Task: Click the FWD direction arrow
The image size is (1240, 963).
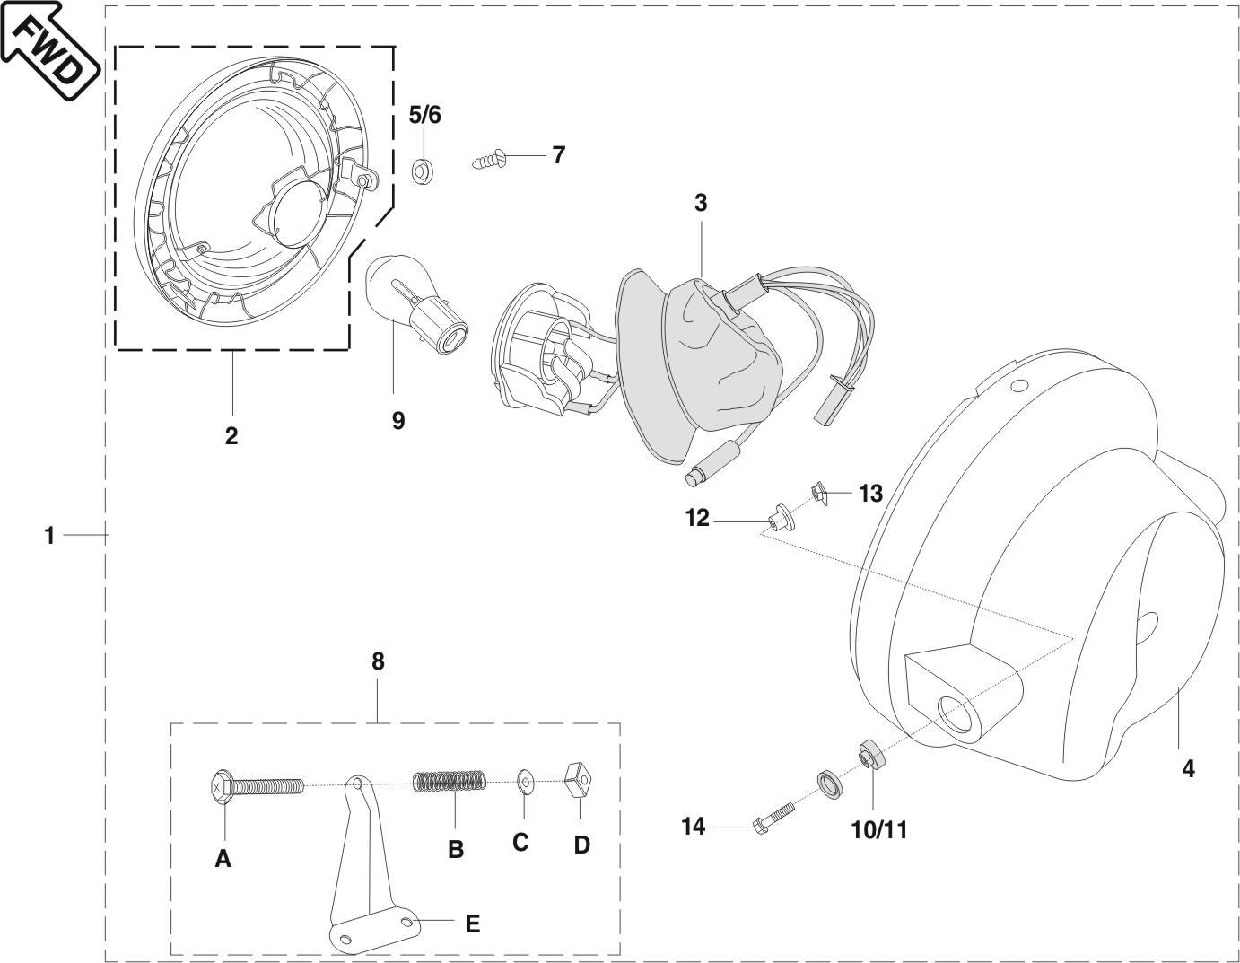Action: (49, 49)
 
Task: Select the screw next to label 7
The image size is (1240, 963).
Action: (490, 161)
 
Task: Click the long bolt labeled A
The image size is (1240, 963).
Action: (256, 787)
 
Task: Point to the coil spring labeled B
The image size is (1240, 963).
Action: (450, 783)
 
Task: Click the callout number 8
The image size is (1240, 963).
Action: (378, 661)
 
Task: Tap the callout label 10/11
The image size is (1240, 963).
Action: (878, 830)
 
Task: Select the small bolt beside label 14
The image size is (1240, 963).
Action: (774, 816)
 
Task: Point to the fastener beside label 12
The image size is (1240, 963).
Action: (777, 518)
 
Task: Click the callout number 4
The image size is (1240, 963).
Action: (1188, 768)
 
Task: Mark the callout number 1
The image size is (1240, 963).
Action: (49, 536)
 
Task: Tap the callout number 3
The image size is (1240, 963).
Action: (701, 203)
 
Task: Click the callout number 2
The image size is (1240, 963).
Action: (231, 436)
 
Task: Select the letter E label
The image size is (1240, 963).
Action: (472, 923)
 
